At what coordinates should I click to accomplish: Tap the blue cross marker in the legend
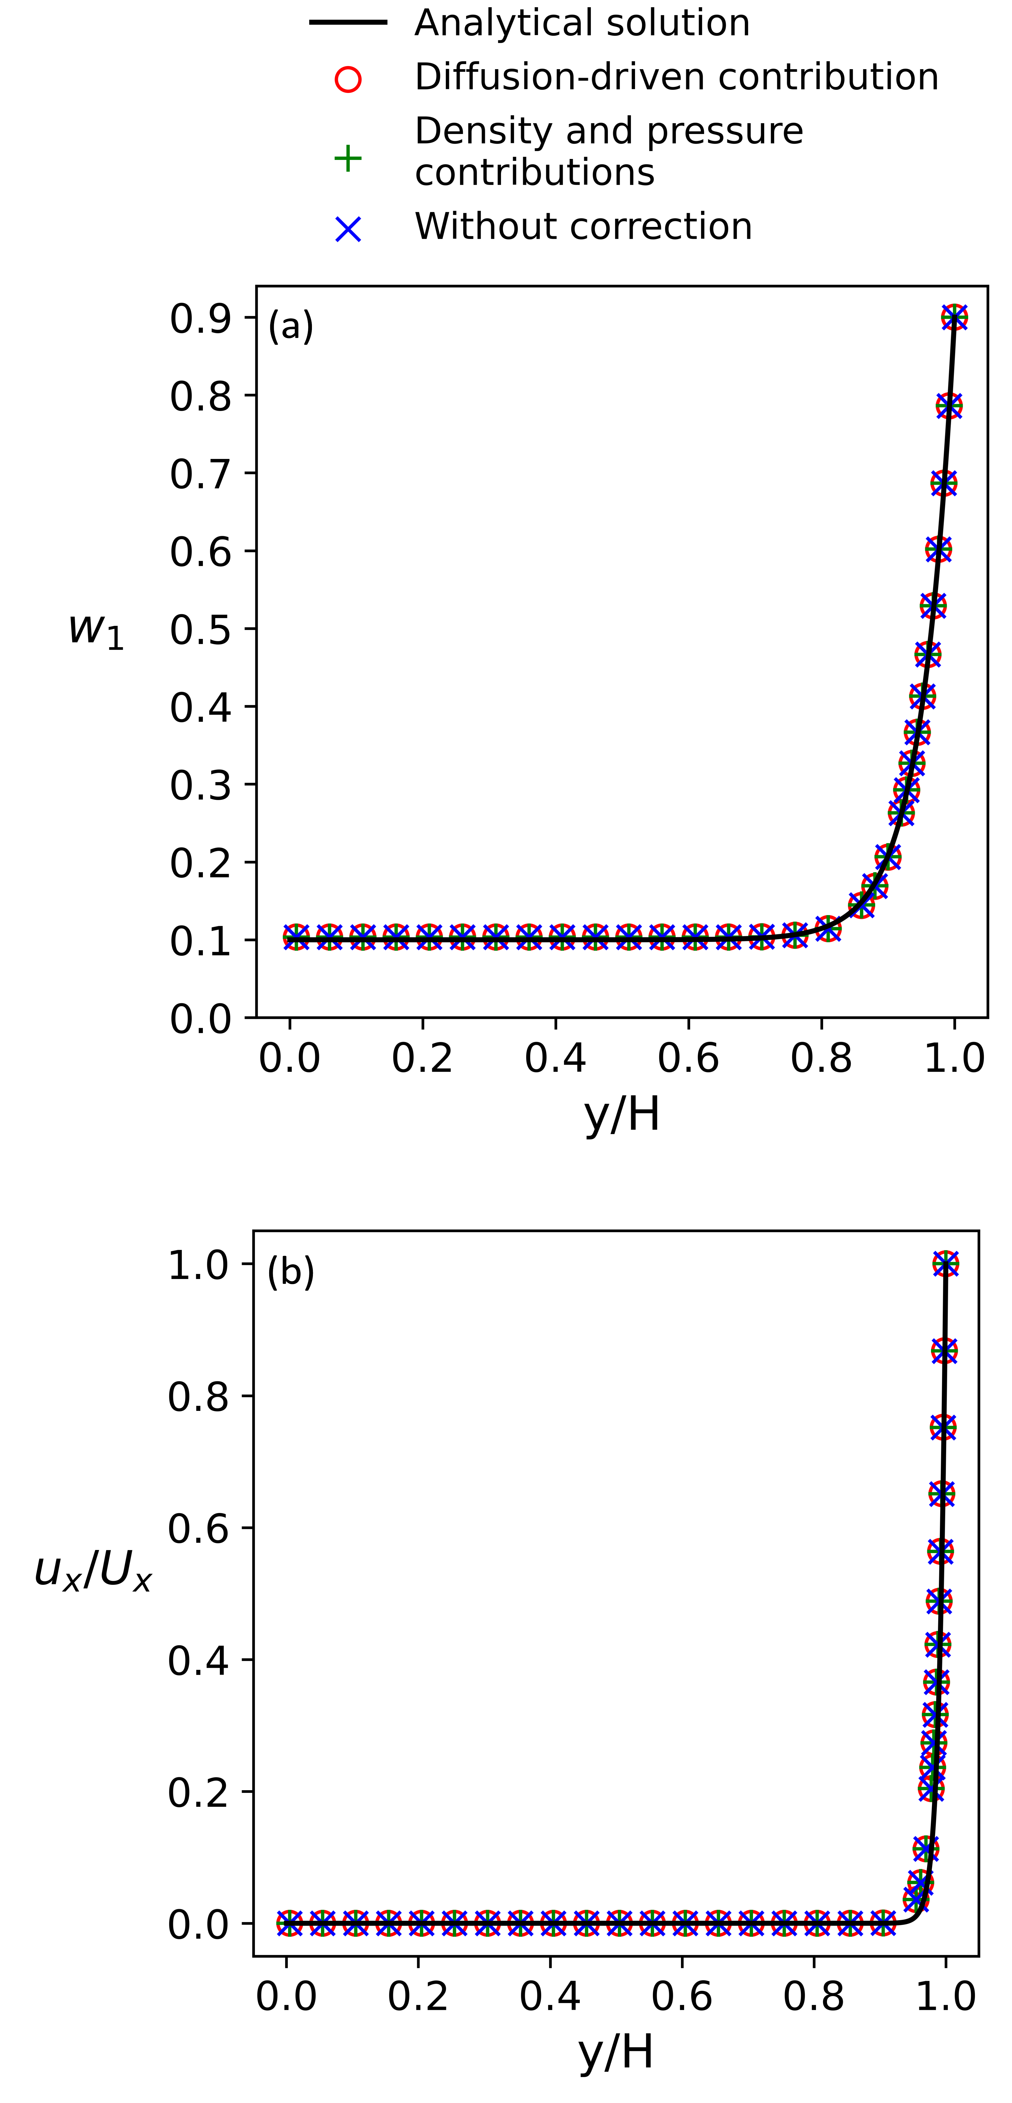pyautogui.click(x=348, y=229)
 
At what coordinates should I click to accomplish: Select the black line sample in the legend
pyautogui.click(x=348, y=22)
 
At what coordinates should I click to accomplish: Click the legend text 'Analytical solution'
pyautogui.click(x=582, y=23)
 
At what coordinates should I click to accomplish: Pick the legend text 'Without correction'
pyautogui.click(x=583, y=226)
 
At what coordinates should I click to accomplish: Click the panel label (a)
pyautogui.click(x=291, y=327)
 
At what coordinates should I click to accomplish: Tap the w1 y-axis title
pyautogui.click(x=96, y=629)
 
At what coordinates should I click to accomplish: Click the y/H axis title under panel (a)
pyautogui.click(x=622, y=1114)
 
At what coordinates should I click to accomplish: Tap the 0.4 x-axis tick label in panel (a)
pyautogui.click(x=555, y=1058)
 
